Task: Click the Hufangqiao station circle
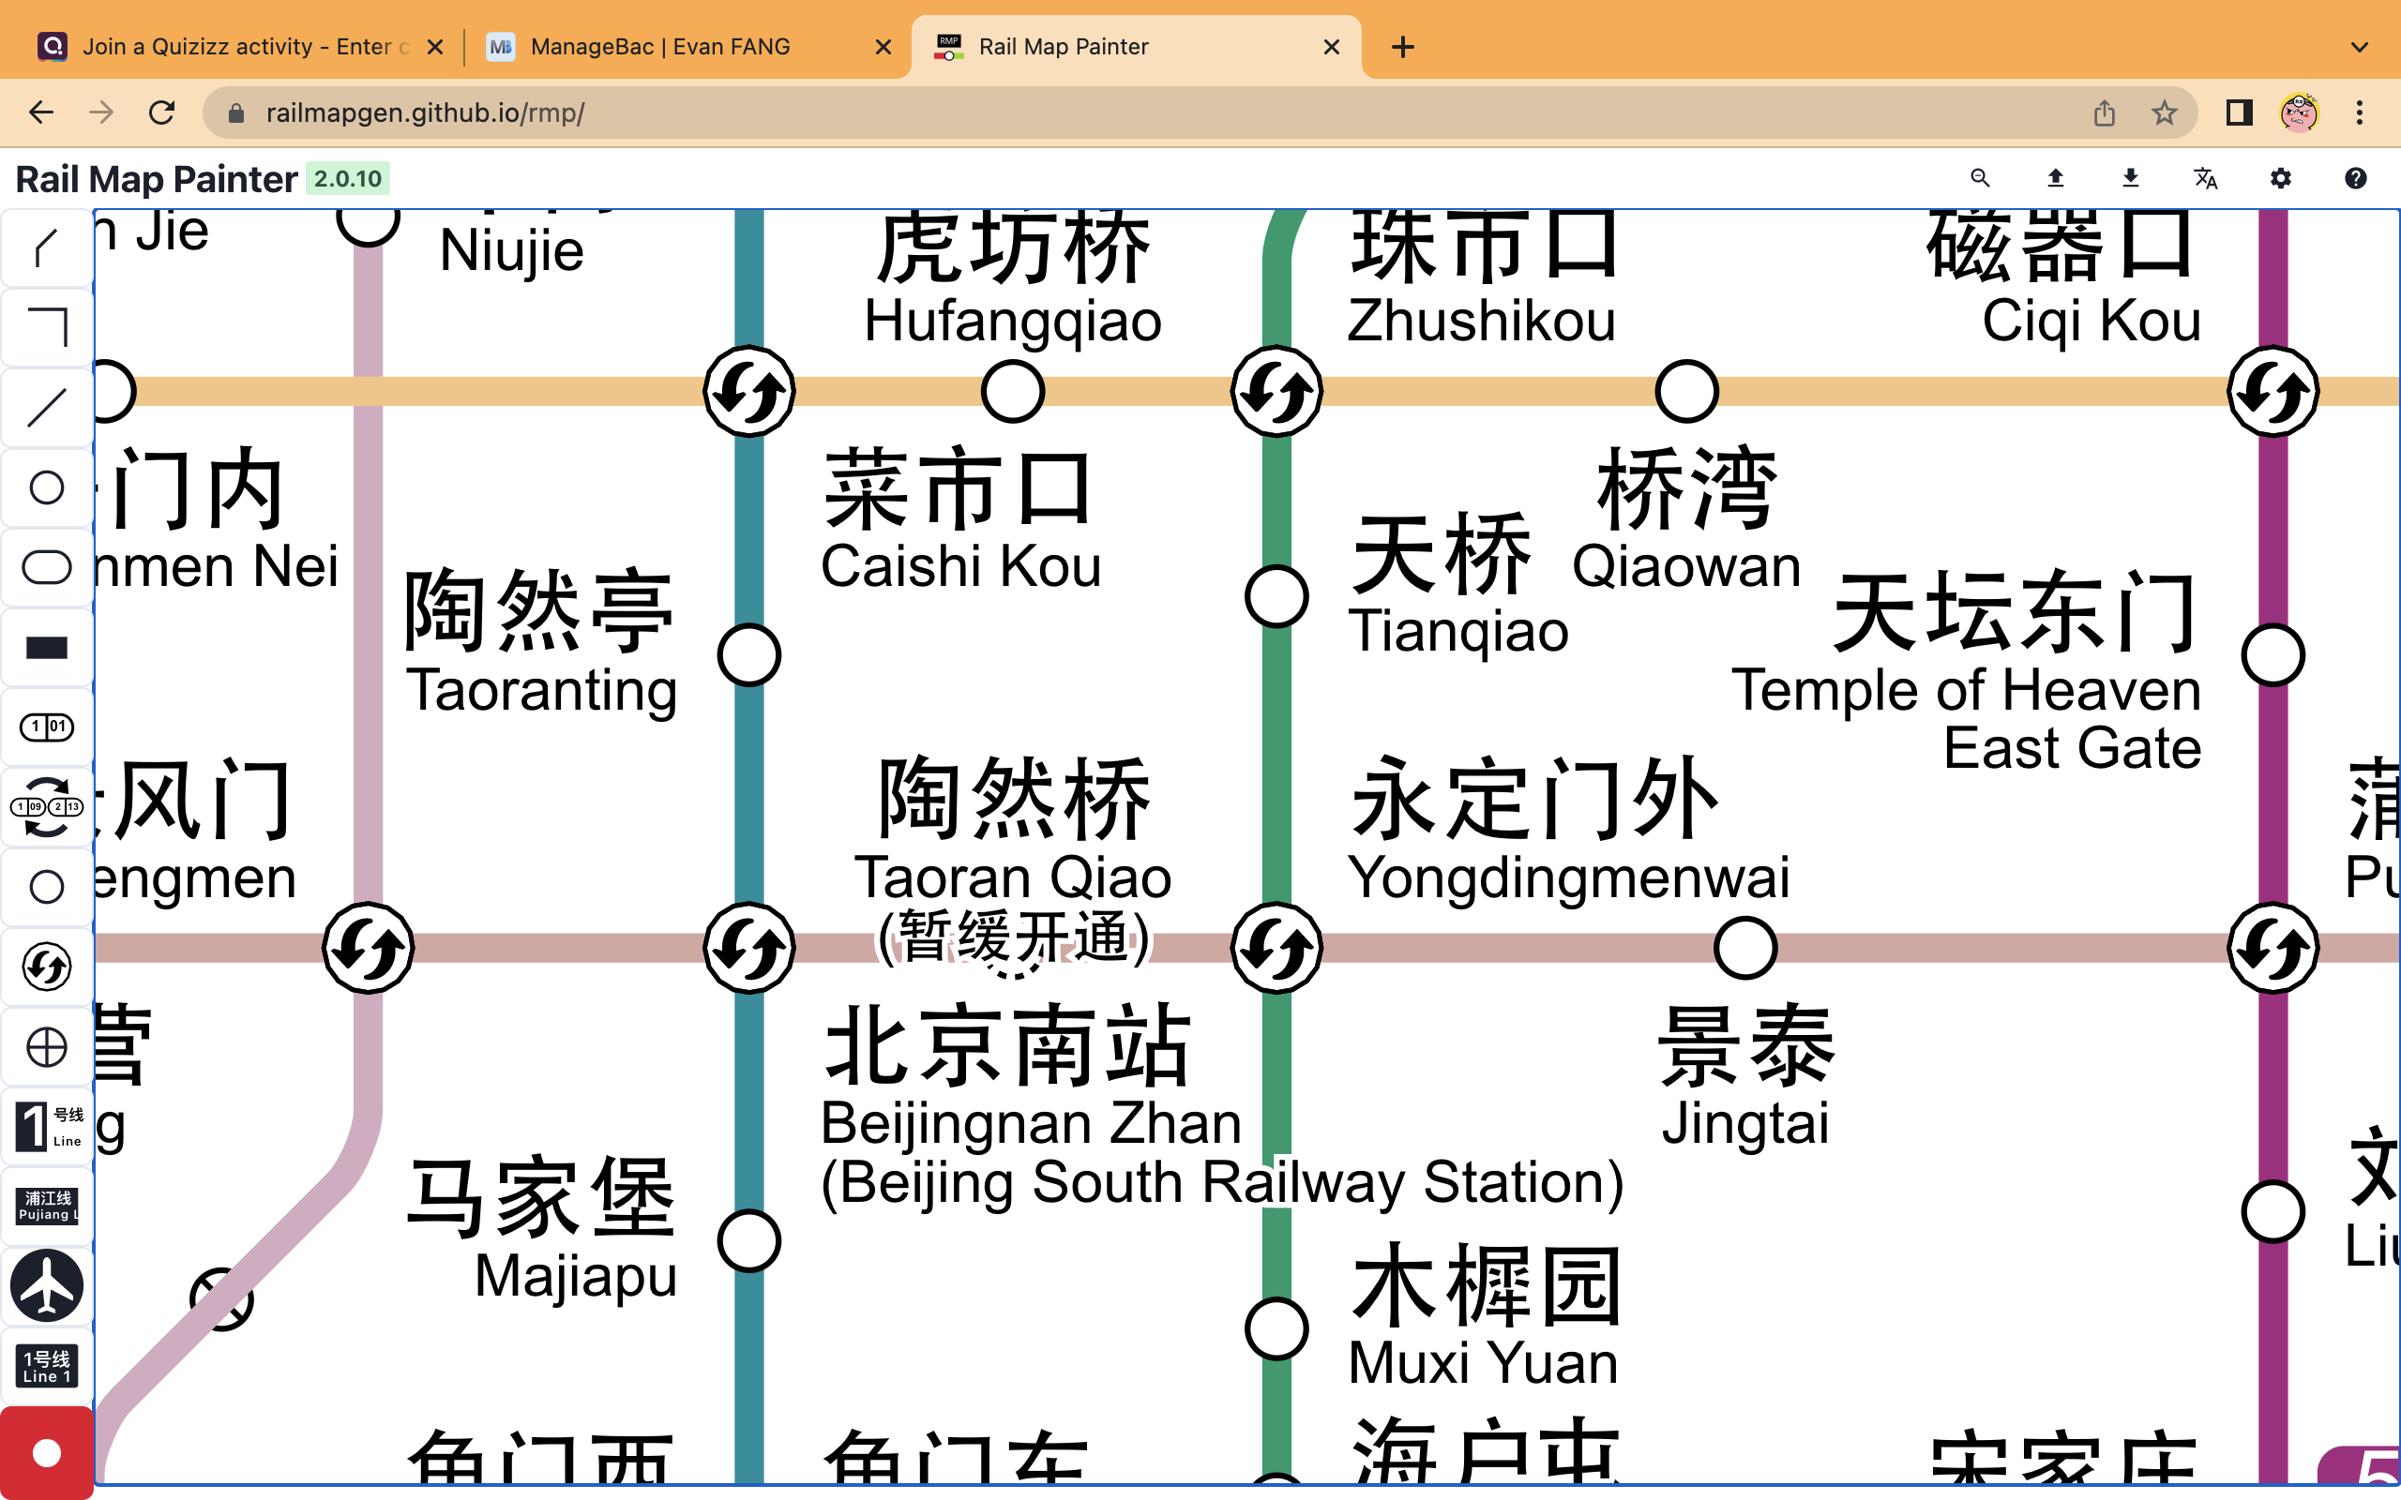1012,392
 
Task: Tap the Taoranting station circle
749,655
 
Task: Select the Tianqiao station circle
1276,596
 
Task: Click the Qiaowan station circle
1686,392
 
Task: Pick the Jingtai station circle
1745,948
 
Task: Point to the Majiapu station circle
749,1241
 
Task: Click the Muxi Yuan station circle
1276,1328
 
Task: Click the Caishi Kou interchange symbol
749,392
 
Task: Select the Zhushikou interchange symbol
1276,392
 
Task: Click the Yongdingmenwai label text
1568,877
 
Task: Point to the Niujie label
511,250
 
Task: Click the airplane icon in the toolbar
47,1285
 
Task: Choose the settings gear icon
2281,178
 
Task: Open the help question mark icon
2355,178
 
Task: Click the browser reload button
161,112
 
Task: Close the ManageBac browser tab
883,47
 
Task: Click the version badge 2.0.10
347,178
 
